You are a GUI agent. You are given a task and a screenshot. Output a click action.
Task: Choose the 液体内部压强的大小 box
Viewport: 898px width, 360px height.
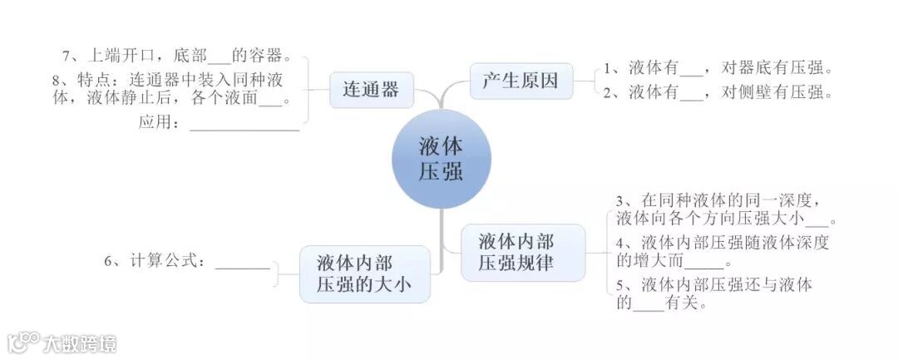(x=365, y=274)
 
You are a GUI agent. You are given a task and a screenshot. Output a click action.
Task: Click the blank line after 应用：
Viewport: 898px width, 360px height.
(x=244, y=125)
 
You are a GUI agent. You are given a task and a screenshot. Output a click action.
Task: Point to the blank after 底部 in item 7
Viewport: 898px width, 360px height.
(x=217, y=57)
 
